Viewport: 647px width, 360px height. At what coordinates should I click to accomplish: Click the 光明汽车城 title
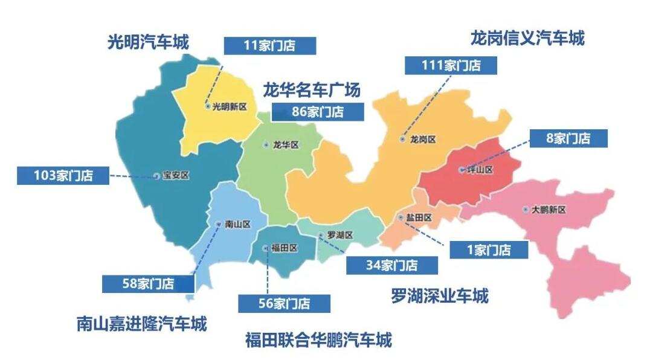[148, 43]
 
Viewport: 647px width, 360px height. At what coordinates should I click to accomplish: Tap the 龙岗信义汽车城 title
[527, 39]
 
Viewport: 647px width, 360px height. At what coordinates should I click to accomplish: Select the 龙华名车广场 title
[311, 91]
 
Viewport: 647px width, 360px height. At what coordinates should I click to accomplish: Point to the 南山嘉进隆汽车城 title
[141, 324]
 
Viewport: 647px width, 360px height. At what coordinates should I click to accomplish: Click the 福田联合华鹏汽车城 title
[318, 340]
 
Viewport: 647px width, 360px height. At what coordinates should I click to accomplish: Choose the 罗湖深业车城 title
[439, 296]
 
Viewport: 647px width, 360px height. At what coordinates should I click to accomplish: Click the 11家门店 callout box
[269, 46]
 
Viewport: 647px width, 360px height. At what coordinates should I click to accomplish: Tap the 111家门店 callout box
[451, 65]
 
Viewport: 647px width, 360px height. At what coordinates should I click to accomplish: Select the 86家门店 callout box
[318, 112]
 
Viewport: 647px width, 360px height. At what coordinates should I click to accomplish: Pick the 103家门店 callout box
[63, 176]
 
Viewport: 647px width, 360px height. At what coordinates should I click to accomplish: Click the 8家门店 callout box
[568, 138]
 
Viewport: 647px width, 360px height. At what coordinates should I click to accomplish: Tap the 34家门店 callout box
[391, 265]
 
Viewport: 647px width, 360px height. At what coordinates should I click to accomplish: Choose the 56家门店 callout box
[284, 304]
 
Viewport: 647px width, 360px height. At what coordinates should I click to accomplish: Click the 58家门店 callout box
[148, 283]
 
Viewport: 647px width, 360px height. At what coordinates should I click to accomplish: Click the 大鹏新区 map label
[549, 210]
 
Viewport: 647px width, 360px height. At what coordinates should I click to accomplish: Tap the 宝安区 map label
[176, 176]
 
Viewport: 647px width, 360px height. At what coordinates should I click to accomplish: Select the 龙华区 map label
[286, 145]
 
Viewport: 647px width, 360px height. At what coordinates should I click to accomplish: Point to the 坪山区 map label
[480, 170]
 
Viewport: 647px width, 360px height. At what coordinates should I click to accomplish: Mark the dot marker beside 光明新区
[208, 106]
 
